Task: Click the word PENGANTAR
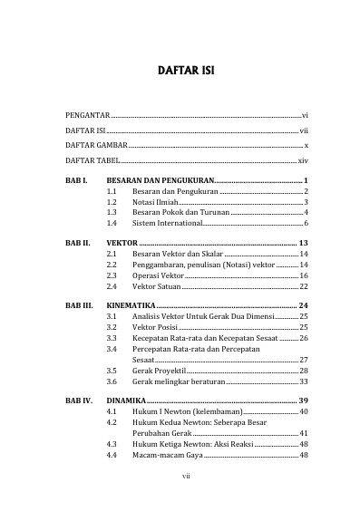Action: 88,117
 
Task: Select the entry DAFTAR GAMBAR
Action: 96,145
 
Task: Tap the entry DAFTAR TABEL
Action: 93,159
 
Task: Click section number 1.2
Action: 112,202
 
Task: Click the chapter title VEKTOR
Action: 121,244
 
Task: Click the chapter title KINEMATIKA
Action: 132,305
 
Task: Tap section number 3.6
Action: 112,381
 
